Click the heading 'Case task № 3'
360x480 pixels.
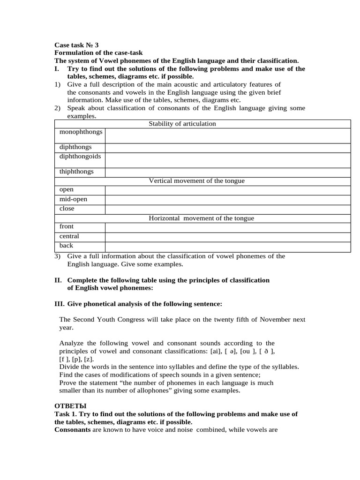click(x=76, y=45)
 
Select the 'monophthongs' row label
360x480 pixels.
click(x=81, y=132)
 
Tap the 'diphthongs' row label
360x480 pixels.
click(x=75, y=147)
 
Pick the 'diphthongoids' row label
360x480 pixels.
click(x=80, y=156)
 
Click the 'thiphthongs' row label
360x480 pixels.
click(x=76, y=172)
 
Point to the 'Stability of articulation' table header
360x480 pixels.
click(x=182, y=124)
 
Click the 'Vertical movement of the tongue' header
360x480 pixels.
click(x=196, y=181)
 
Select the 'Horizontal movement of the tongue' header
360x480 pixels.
click(x=201, y=218)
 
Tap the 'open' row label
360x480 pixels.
click(x=67, y=190)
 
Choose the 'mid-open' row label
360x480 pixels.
click(x=73, y=199)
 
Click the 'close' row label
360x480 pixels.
click(x=67, y=209)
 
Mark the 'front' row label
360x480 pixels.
click(x=67, y=227)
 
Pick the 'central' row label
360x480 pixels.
click(x=69, y=236)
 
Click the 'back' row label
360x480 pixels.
click(x=66, y=246)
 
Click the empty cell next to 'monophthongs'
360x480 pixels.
click(x=228, y=135)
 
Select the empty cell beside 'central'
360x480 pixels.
click(x=228, y=237)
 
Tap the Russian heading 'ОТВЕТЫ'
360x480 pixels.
click(x=71, y=405)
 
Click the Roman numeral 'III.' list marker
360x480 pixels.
click(x=60, y=304)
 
